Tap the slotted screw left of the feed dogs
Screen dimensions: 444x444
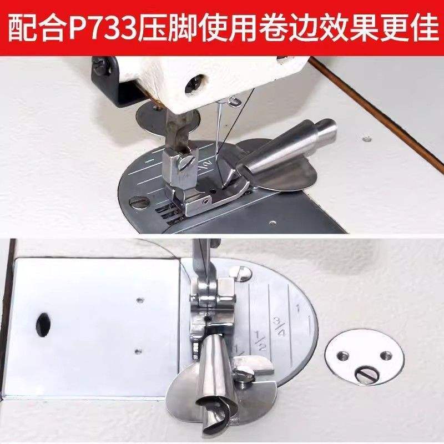click(x=139, y=202)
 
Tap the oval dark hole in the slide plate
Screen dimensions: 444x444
click(x=44, y=325)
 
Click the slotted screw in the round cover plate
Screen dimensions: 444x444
click(x=367, y=375)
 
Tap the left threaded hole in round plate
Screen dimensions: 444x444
click(x=344, y=355)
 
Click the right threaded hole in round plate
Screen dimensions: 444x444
click(x=387, y=355)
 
